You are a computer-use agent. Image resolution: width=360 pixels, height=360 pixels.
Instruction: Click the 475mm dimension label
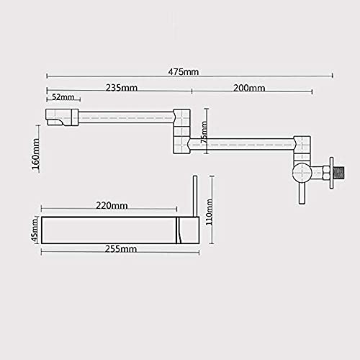[x=184, y=72]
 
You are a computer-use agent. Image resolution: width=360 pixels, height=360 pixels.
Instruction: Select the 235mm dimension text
[x=122, y=88]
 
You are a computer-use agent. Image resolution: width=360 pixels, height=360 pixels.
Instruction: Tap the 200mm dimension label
[x=249, y=88]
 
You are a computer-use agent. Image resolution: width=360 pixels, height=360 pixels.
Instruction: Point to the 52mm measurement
[x=63, y=97]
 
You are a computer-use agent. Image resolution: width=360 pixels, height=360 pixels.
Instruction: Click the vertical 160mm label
[x=35, y=154]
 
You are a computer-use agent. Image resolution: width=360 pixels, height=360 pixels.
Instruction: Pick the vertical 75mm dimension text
[x=204, y=132]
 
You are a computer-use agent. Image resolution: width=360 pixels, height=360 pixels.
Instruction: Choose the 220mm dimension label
[x=112, y=205]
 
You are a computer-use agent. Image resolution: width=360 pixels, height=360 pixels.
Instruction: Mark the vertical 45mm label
[x=35, y=230]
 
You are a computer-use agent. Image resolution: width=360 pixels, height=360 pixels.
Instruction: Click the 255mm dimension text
[x=121, y=248]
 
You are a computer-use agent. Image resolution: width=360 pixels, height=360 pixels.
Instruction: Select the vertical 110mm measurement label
[x=210, y=212]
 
